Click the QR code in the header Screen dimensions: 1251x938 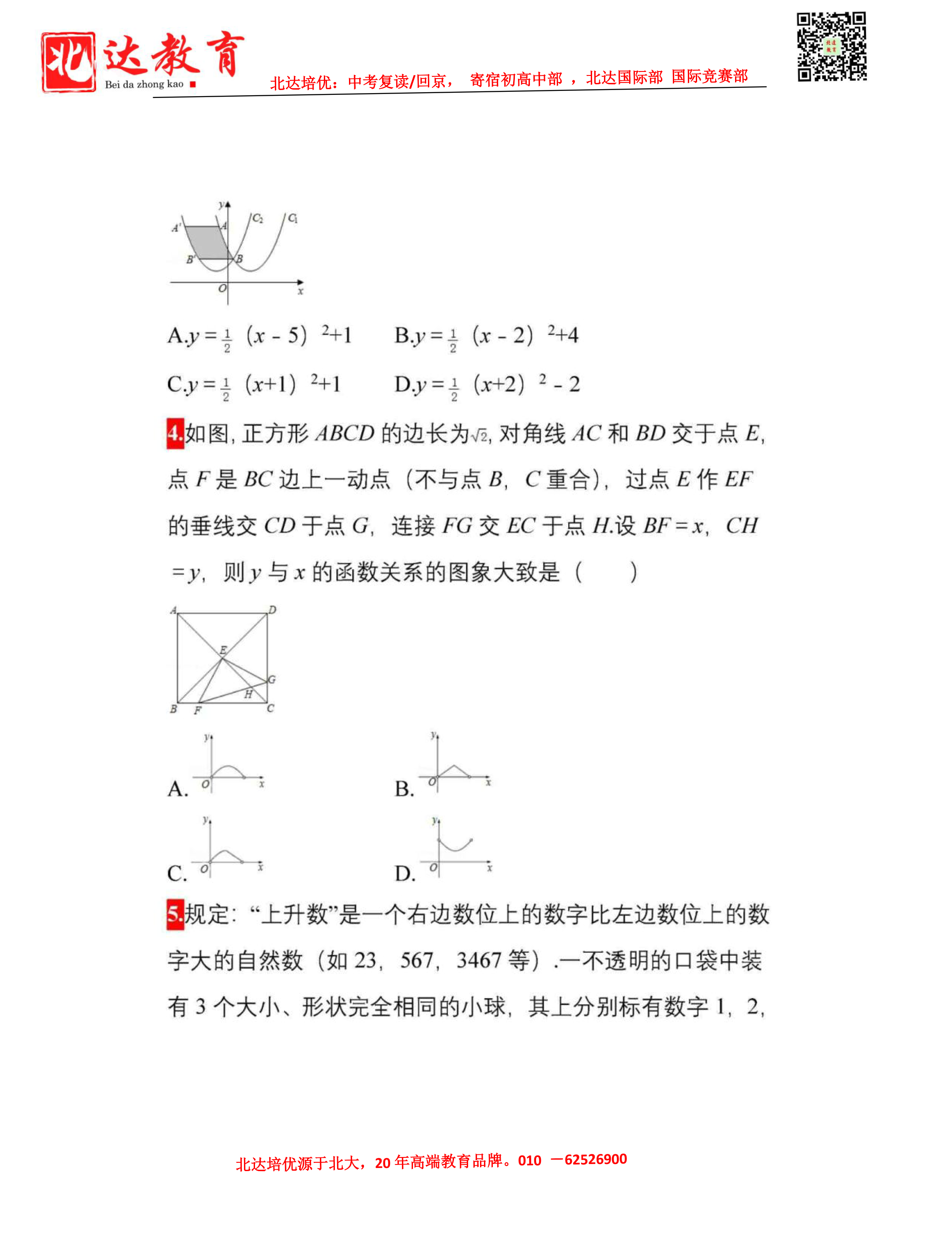pyautogui.click(x=831, y=46)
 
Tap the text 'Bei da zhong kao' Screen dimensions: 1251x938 pyautogui.click(x=144, y=84)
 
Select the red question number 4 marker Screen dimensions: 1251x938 pyautogui.click(x=175, y=434)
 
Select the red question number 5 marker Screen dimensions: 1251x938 pyautogui.click(x=175, y=914)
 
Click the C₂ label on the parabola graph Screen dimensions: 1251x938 pyautogui.click(x=258, y=218)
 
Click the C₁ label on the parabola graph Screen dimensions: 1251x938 pyautogui.click(x=293, y=218)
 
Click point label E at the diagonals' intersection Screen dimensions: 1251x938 pyautogui.click(x=223, y=650)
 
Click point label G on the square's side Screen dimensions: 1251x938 pyautogui.click(x=272, y=679)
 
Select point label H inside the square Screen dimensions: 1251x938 pyautogui.click(x=248, y=695)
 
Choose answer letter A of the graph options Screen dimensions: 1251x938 pyautogui.click(x=177, y=789)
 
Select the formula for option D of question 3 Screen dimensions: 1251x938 pyautogui.click(x=488, y=385)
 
